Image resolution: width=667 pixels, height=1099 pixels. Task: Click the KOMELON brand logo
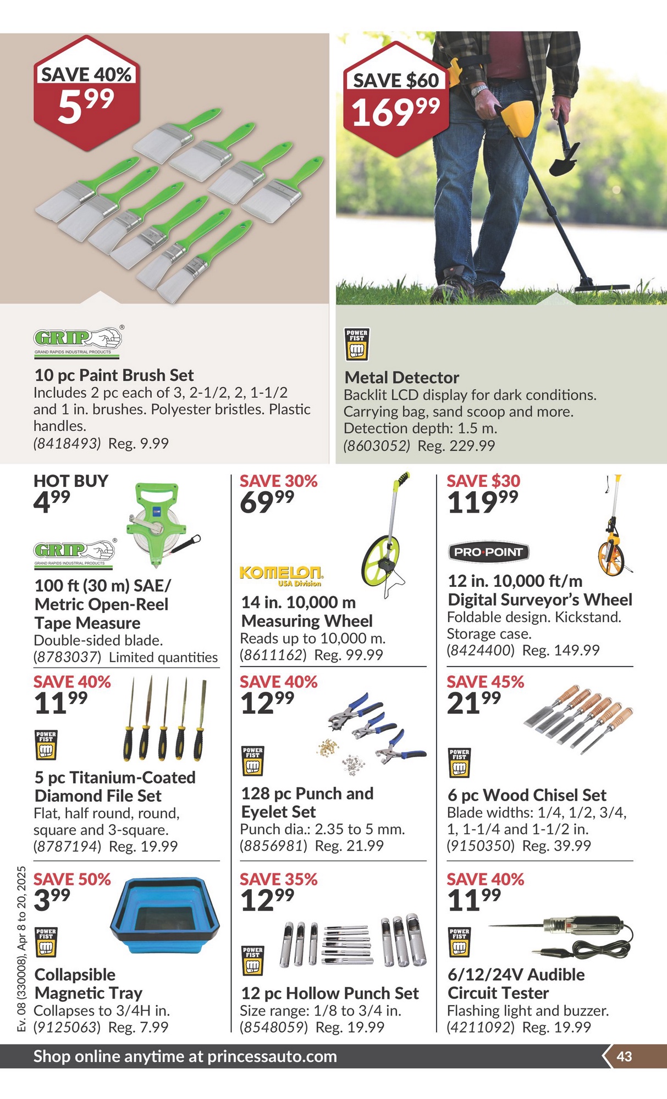point(282,575)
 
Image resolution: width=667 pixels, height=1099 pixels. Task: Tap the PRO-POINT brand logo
point(488,552)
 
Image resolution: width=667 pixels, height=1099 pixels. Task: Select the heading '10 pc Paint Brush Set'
point(114,375)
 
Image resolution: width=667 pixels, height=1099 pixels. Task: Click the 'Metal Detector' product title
point(401,378)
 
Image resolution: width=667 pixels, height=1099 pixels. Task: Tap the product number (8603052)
point(377,446)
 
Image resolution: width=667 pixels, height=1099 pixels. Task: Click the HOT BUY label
point(71,481)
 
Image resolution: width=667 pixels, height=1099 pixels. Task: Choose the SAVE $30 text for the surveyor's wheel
point(483,481)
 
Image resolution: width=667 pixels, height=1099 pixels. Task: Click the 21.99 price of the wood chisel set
point(474,703)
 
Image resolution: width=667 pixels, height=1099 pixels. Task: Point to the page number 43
point(624,1056)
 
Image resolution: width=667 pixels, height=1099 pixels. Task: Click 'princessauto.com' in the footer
point(272,1056)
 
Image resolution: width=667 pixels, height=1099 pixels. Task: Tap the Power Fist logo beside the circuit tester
point(459,942)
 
